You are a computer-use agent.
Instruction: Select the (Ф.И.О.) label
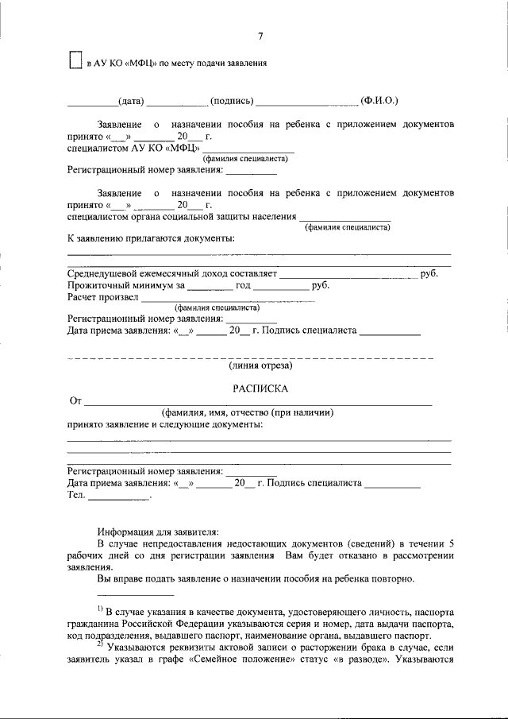click(379, 101)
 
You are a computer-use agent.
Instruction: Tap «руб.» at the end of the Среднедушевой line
click(430, 273)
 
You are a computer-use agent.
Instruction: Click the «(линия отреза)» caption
click(260, 366)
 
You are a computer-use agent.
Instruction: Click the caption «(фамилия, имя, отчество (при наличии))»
click(247, 413)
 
